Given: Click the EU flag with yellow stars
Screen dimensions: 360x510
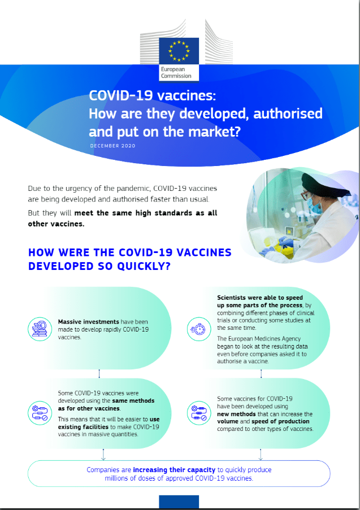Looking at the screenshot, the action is tap(179, 51).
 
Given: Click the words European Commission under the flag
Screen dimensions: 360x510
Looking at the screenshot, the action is tap(176, 72).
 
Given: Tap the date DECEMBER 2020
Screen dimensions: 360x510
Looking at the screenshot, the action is tap(112, 146).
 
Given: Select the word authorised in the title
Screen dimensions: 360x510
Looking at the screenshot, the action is tap(288, 114).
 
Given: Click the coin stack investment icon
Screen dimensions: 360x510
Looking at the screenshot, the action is tap(40, 329).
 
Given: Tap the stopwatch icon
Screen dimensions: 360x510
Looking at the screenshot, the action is tap(199, 329).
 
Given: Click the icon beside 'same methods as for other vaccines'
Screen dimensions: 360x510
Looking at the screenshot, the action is tap(40, 413).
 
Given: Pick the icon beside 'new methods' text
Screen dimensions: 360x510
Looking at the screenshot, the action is tap(199, 413).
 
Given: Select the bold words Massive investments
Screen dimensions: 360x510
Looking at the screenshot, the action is tap(89, 322).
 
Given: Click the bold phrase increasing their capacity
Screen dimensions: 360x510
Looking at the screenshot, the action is tap(174, 470).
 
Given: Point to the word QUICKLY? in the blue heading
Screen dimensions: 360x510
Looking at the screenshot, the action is tap(144, 266).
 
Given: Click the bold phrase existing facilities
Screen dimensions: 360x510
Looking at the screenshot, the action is tap(83, 427).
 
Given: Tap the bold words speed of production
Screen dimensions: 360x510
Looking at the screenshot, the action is tap(280, 421).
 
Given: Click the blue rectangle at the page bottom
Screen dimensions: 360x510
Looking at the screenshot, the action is tap(179, 502).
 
